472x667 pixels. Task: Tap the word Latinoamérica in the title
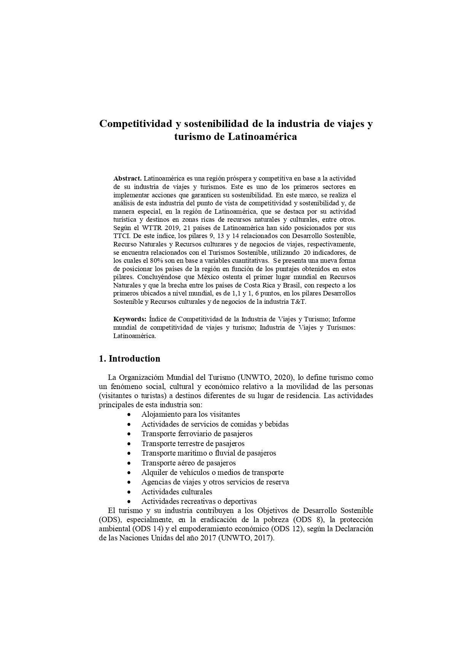[262, 137]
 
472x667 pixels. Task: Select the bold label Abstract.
[127, 178]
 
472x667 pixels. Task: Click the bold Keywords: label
[130, 319]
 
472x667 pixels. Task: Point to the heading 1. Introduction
[129, 359]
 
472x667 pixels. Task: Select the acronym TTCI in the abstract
[121, 236]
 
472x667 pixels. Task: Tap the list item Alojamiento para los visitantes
[191, 414]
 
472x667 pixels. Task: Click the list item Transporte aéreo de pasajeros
[188, 463]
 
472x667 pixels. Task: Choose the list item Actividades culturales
[176, 492]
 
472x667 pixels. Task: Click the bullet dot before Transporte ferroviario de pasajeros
[130, 434]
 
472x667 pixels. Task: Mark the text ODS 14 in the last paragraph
[147, 529]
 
